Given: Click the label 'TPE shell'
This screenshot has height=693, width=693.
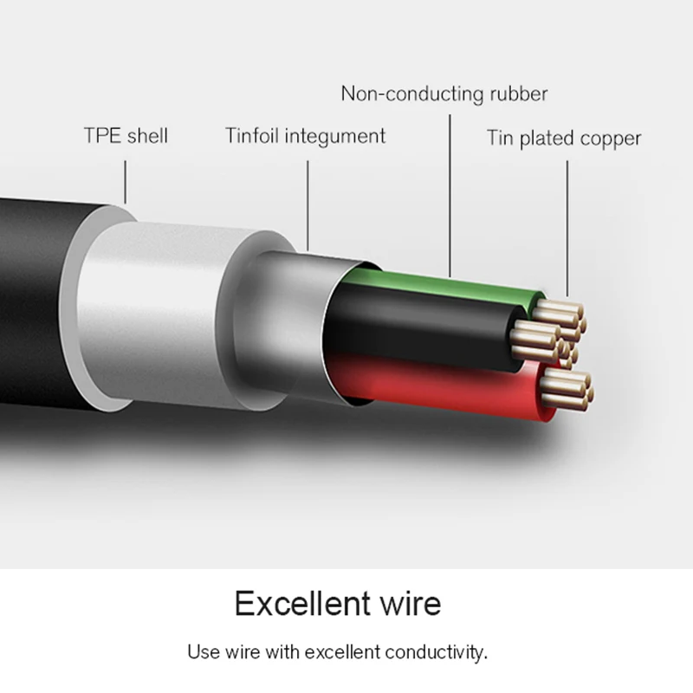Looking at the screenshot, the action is click(x=126, y=136).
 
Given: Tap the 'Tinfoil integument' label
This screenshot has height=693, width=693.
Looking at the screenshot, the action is click(x=305, y=136).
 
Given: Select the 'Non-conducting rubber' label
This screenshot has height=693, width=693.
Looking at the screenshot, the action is click(x=444, y=94).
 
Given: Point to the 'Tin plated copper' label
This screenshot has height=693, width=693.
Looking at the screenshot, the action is click(x=563, y=138).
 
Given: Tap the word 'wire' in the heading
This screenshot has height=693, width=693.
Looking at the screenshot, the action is click(x=407, y=603).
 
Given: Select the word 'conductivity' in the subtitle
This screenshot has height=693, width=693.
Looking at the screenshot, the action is click(x=442, y=651).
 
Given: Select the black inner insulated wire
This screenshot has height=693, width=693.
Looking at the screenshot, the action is click(x=416, y=325).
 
